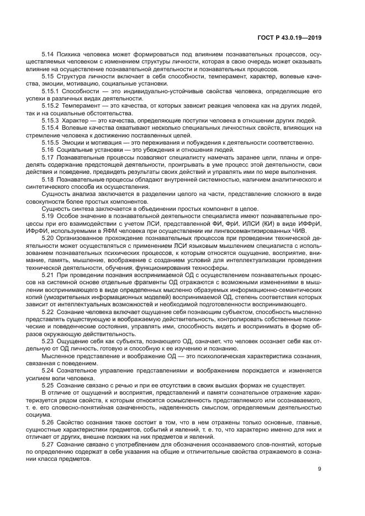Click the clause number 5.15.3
pos(50,120)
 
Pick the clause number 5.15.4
pos(50,127)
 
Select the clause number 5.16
pos(47,150)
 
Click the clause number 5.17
pos(47,158)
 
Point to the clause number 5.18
pos(47,180)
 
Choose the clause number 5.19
pos(47,217)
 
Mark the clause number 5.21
pos(47,274)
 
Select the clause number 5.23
pos(47,342)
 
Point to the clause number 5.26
pos(47,421)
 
